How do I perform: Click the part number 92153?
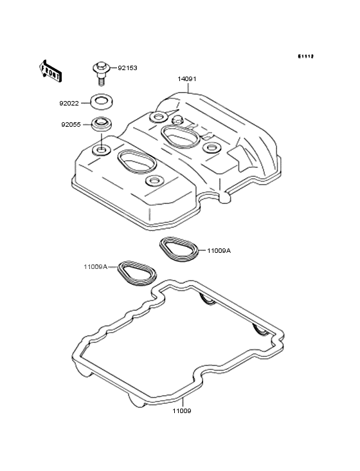click(127, 68)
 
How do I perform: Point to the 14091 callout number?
click(187, 79)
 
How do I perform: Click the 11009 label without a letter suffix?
click(181, 410)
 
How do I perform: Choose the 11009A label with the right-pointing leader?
click(219, 251)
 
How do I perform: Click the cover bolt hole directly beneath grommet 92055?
click(100, 151)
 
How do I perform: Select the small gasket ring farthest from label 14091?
click(136, 273)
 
